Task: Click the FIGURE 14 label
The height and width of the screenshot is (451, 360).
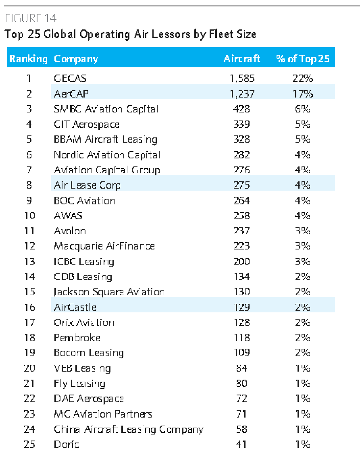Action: (31, 19)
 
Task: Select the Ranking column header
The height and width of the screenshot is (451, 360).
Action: (28, 59)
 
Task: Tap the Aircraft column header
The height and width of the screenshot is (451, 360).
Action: (242, 59)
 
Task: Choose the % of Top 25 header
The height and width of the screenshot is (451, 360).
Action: (302, 59)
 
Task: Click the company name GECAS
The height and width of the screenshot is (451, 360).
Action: (70, 79)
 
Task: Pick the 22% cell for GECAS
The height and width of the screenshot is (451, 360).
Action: (302, 79)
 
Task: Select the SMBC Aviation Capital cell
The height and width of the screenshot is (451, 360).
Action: (106, 109)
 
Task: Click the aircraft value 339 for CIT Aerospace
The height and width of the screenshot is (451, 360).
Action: (241, 124)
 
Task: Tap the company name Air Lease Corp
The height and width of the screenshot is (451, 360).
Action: (87, 185)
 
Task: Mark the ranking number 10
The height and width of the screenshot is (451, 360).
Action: (29, 216)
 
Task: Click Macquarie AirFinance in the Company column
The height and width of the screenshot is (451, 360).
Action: (104, 246)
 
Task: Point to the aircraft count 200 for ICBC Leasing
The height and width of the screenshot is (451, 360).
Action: (241, 262)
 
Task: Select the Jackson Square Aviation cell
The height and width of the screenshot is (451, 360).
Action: (109, 292)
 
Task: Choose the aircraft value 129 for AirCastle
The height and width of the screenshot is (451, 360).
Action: (241, 307)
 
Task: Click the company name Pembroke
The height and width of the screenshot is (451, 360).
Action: (77, 338)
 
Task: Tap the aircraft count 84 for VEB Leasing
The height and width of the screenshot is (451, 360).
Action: (241, 368)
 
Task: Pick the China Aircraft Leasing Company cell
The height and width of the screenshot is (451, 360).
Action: (129, 429)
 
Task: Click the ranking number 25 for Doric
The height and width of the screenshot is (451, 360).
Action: (29, 444)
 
